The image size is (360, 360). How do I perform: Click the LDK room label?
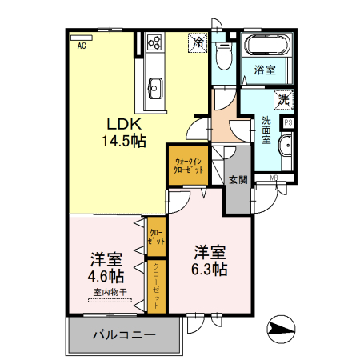pyautogui.click(x=122, y=125)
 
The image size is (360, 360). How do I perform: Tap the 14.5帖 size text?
pyautogui.click(x=122, y=142)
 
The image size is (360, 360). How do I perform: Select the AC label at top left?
pyautogui.click(x=82, y=46)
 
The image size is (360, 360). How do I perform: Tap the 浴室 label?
pyautogui.click(x=266, y=70)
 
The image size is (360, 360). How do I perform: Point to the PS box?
pyautogui.click(x=288, y=122)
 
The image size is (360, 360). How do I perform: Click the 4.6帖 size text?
pyautogui.click(x=106, y=275)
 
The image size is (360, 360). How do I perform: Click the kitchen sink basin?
pyautogui.click(x=154, y=86)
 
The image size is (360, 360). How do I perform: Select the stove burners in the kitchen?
pyautogui.click(x=154, y=42)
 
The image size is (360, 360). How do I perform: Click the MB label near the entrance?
pyautogui.click(x=273, y=177)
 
